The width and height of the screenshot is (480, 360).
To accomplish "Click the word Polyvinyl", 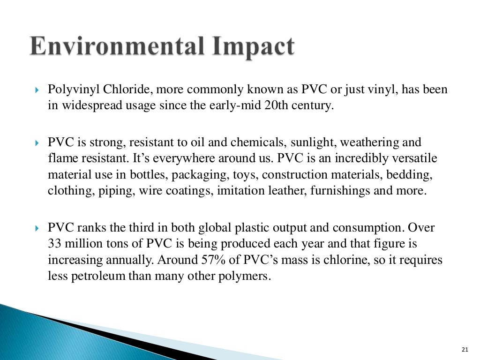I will click(70, 90).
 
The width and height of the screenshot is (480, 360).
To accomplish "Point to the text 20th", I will click(276, 105).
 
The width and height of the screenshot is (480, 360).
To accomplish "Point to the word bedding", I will click(413, 175).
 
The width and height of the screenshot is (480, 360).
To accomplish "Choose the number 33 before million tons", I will click(54, 244).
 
